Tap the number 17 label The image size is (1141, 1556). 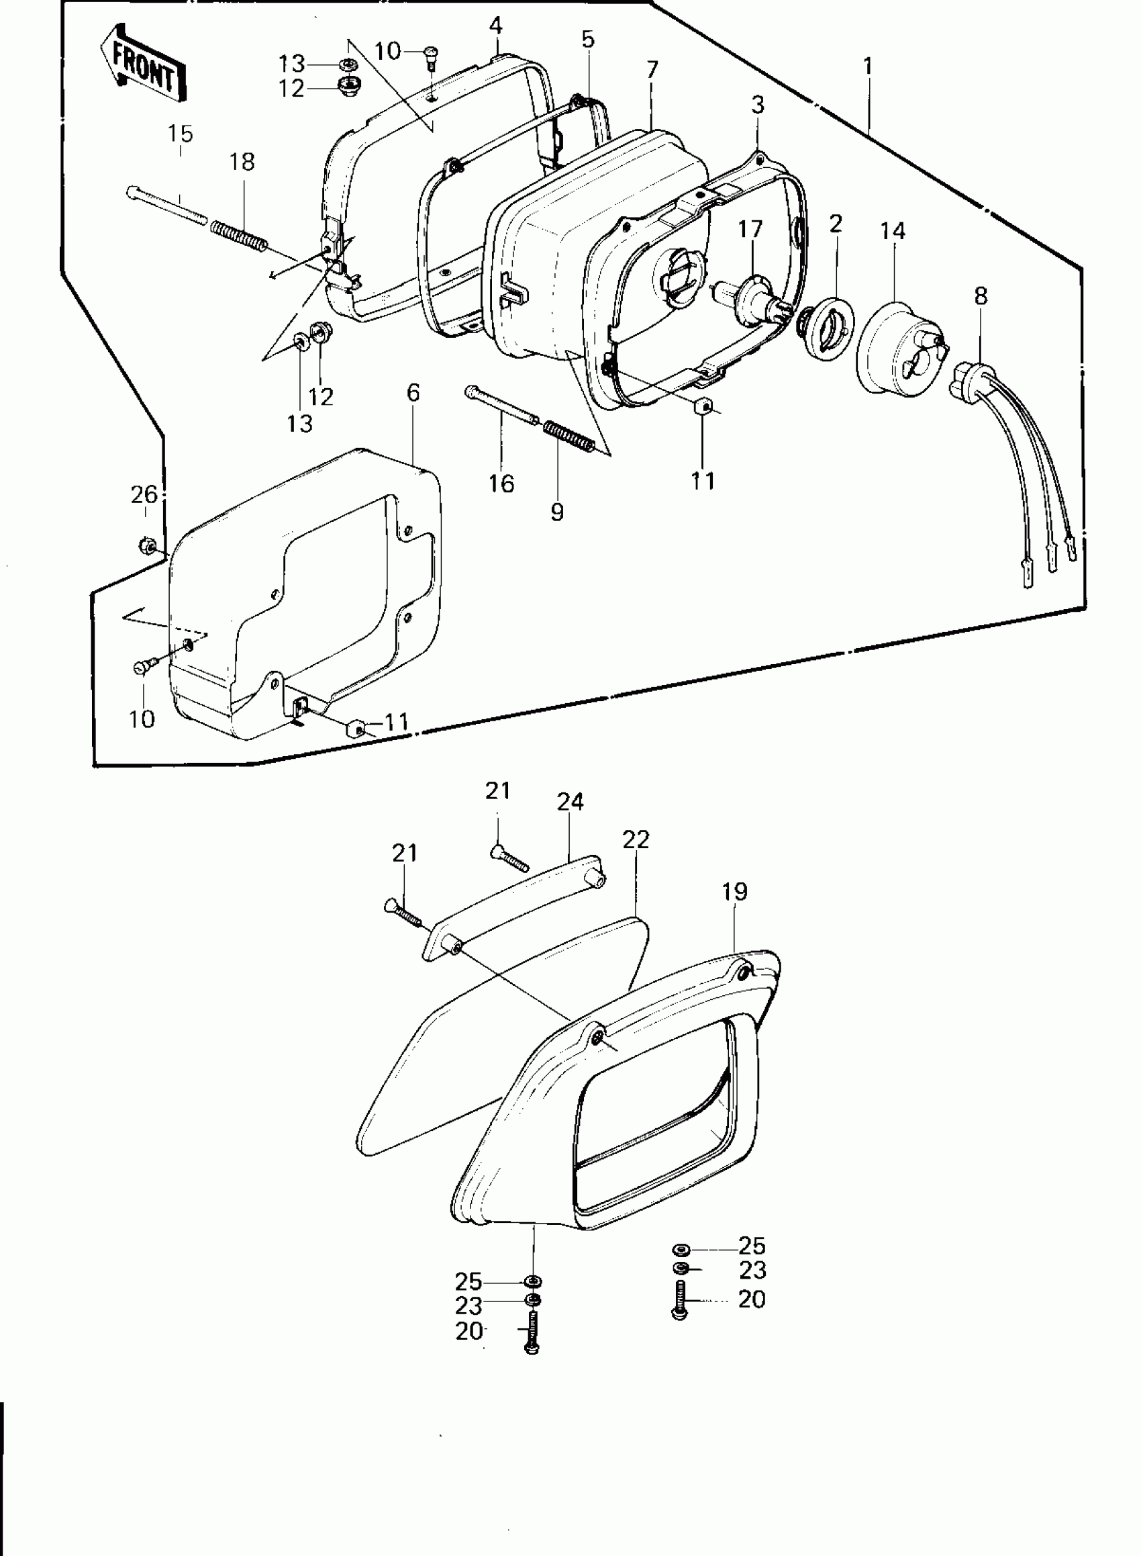[750, 229]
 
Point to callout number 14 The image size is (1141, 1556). [893, 231]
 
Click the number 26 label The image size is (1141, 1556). [144, 494]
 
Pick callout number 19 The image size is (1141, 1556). [735, 892]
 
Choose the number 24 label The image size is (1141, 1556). [570, 803]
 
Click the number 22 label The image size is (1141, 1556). [636, 840]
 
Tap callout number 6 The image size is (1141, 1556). [413, 392]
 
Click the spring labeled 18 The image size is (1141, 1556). [238, 236]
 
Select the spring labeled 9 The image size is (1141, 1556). [568, 437]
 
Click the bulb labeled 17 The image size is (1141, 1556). [755, 294]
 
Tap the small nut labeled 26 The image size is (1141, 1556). [146, 546]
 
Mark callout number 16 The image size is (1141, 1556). [501, 483]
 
